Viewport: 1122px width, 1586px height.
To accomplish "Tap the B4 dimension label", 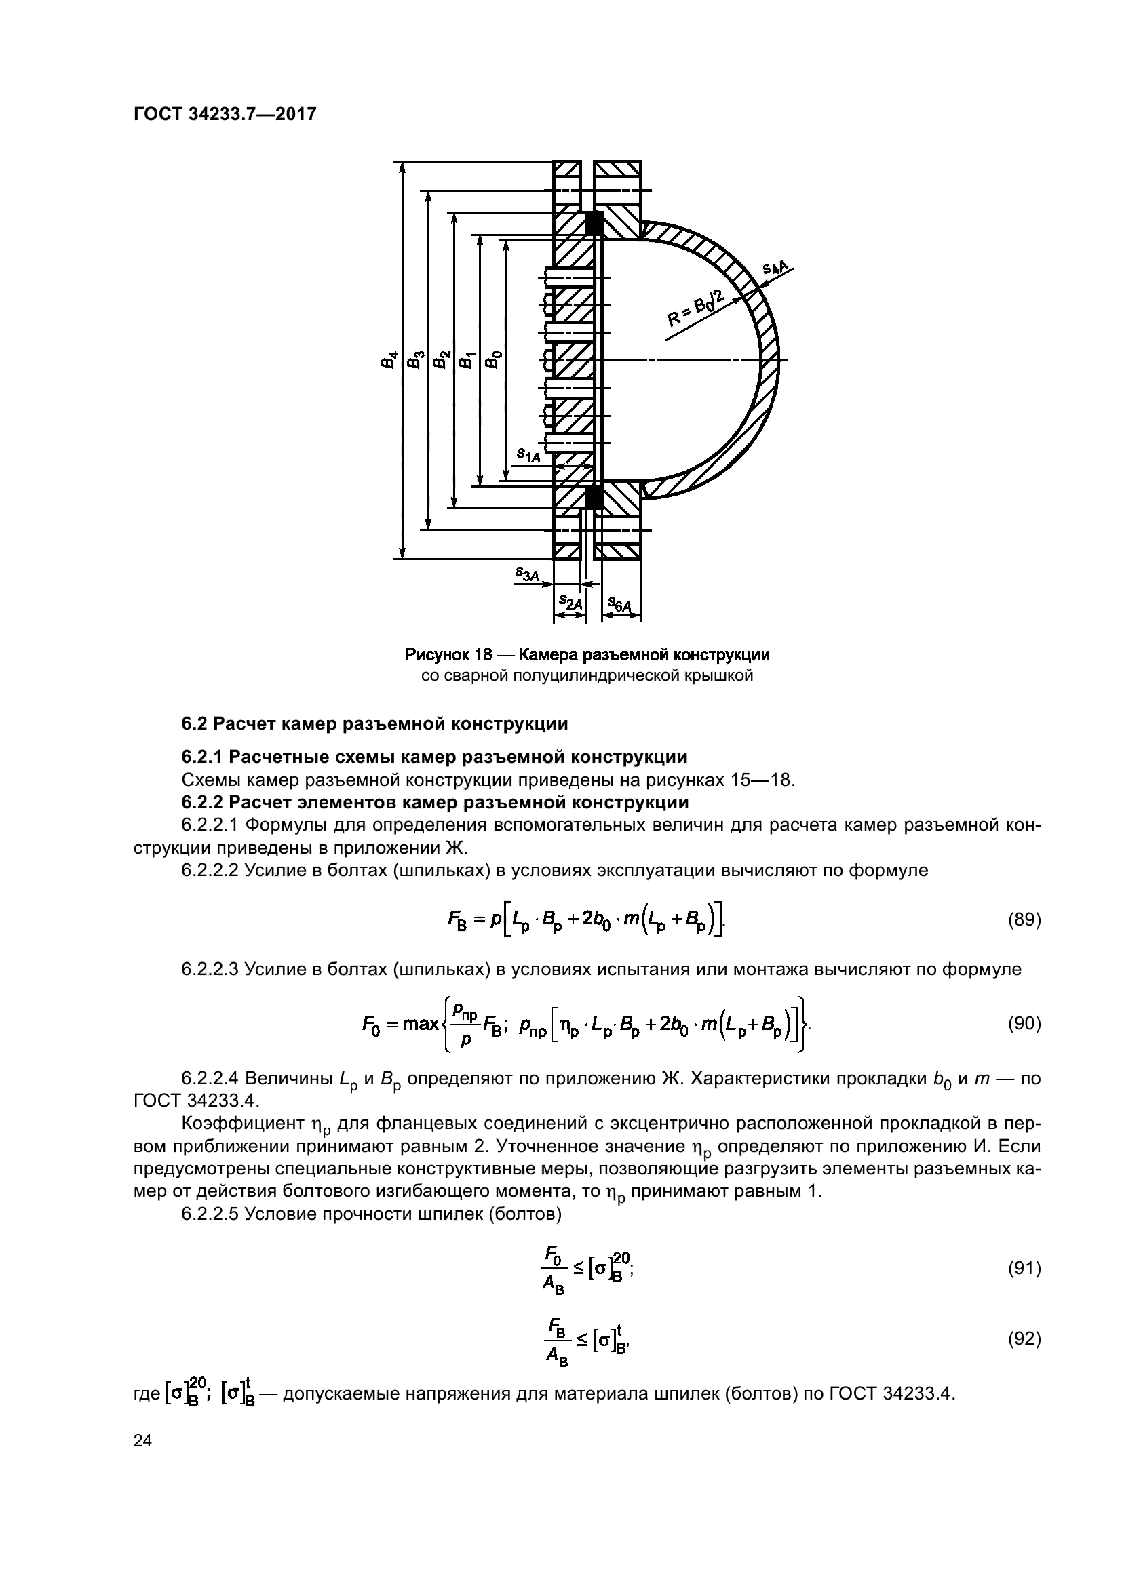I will coord(390,360).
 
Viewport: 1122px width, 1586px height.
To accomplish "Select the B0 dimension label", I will coord(492,359).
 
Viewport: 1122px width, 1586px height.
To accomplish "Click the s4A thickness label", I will coord(777,268).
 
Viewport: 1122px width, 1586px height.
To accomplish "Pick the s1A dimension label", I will coord(528,454).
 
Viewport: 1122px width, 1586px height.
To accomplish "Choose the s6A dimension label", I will coord(619,605).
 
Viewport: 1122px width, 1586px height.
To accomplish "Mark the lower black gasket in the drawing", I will coord(594,496).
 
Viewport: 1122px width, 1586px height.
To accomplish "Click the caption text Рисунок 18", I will coord(448,654).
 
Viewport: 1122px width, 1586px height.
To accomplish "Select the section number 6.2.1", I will coord(202,757).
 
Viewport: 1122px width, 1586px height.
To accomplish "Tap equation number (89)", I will coord(1023,920).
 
